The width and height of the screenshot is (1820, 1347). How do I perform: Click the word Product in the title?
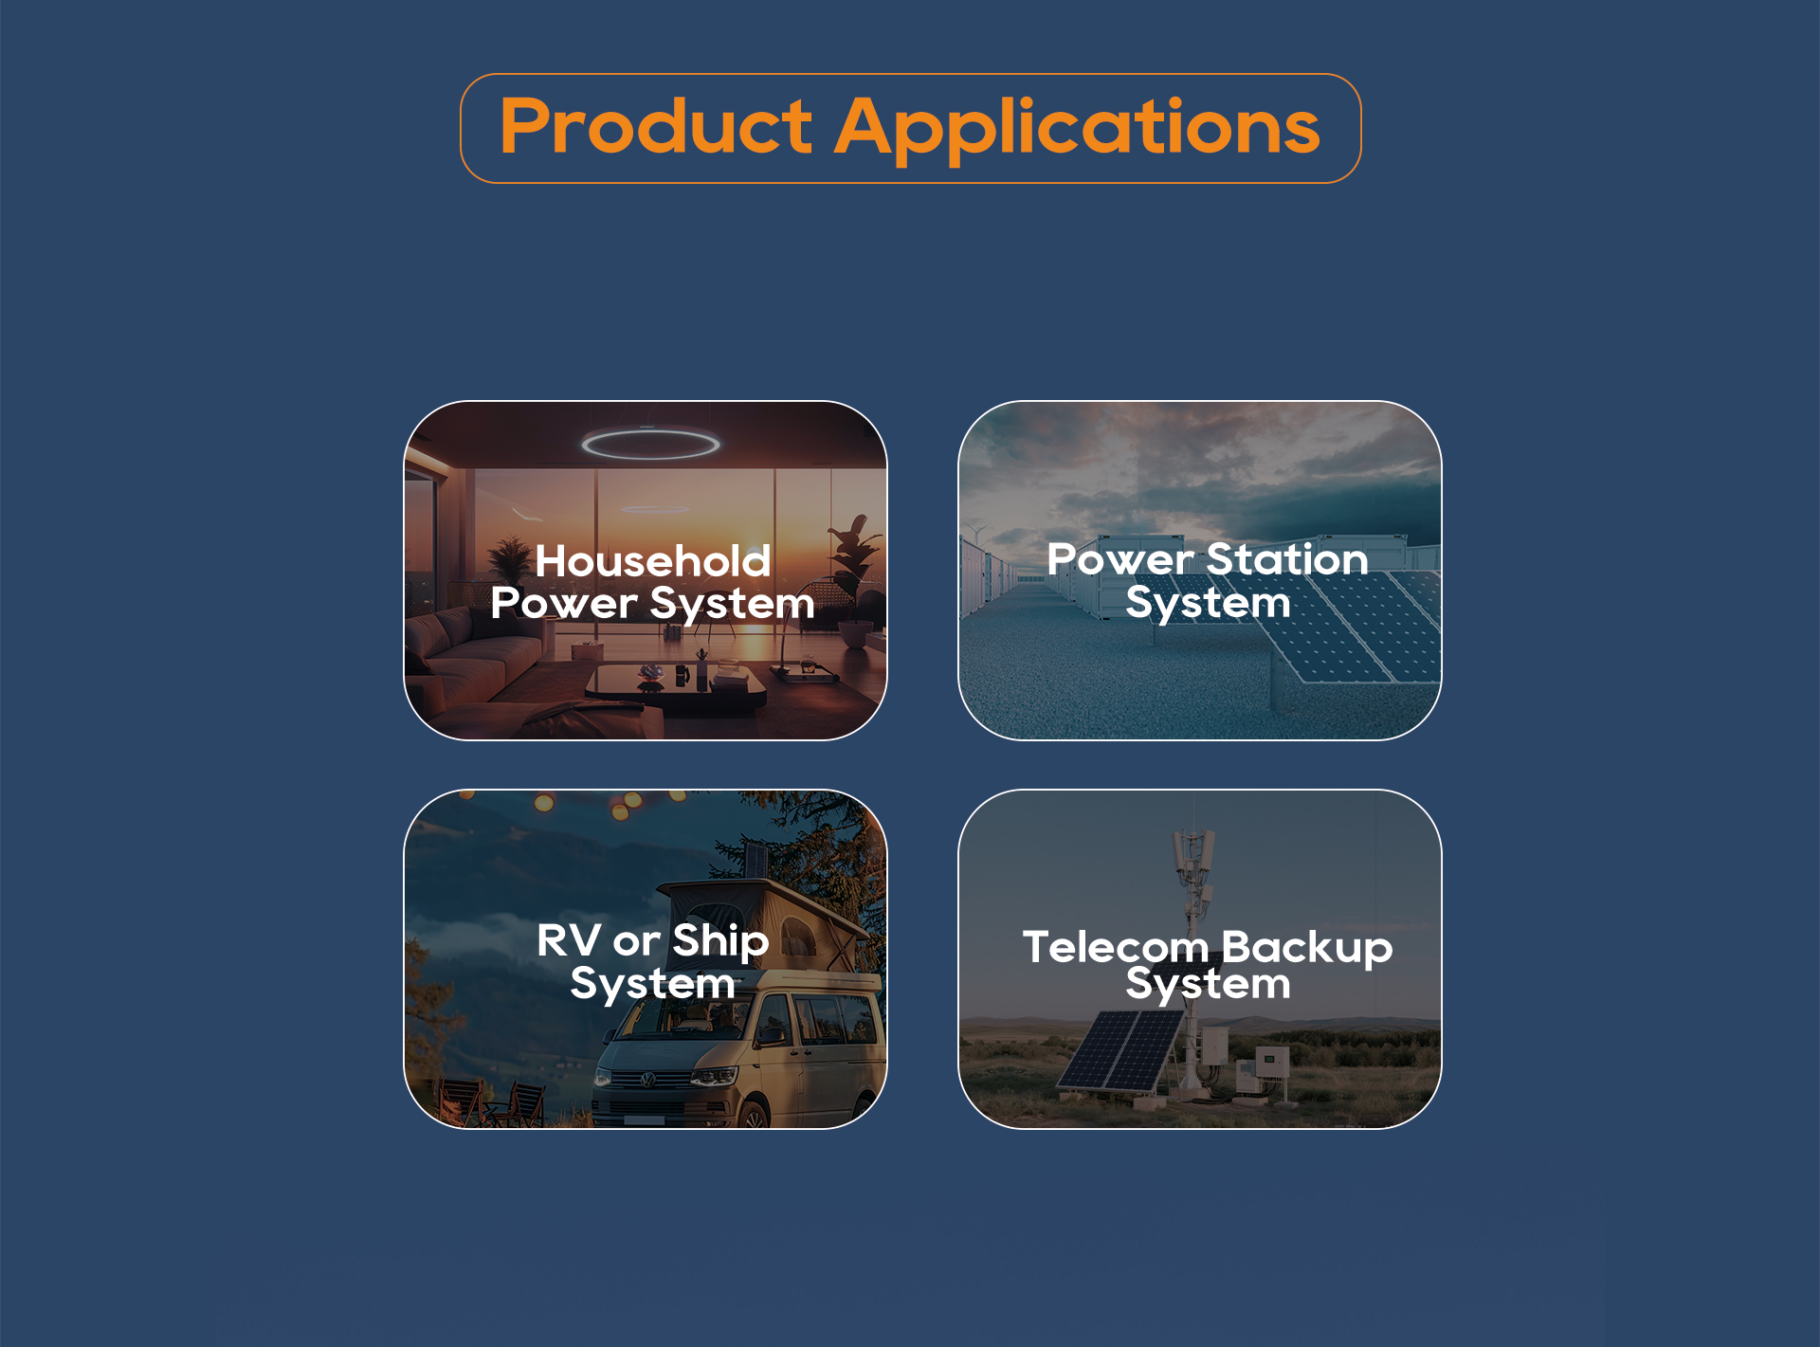(656, 126)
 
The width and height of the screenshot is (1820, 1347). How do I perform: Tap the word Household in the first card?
(653, 560)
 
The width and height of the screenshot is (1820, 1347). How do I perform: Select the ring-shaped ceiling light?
(650, 443)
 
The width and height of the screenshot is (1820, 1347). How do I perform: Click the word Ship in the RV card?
(720, 942)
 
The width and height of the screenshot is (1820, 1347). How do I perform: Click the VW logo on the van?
(648, 1080)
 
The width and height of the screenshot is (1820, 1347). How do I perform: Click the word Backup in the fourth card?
(1307, 949)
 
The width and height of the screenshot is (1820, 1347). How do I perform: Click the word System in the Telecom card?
(1208, 986)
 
